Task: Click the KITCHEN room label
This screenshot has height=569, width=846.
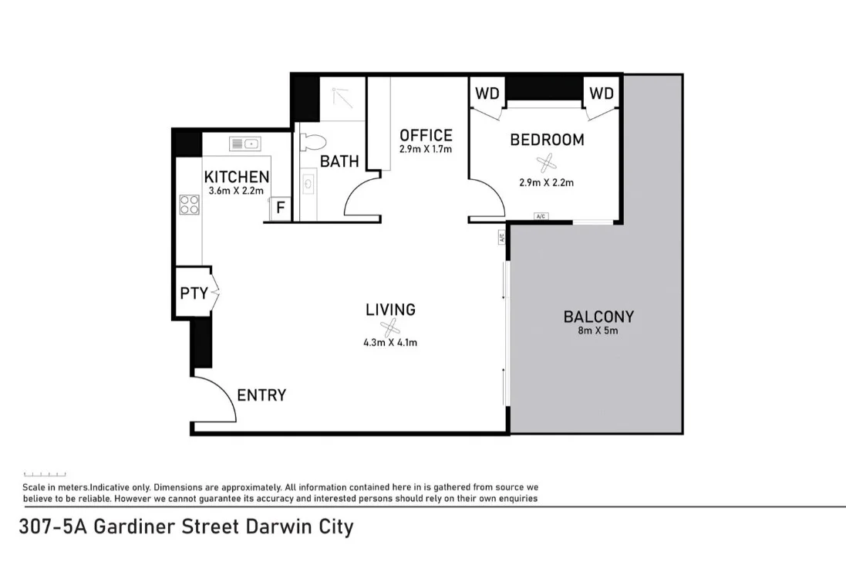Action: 236,177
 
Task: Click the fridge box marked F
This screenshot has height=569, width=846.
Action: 281,208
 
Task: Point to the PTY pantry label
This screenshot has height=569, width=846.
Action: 194,293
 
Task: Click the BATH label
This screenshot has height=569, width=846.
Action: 339,161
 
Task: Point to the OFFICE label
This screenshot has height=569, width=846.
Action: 426,136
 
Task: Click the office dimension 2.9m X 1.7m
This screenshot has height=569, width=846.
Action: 426,149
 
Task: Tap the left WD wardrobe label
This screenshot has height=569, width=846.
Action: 487,93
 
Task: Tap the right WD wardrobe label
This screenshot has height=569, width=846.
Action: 602,93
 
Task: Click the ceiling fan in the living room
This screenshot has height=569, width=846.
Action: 390,327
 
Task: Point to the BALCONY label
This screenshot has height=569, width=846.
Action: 598,317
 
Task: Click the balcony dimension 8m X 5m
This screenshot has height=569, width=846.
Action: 598,330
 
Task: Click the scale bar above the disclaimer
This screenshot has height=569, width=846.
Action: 45,474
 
